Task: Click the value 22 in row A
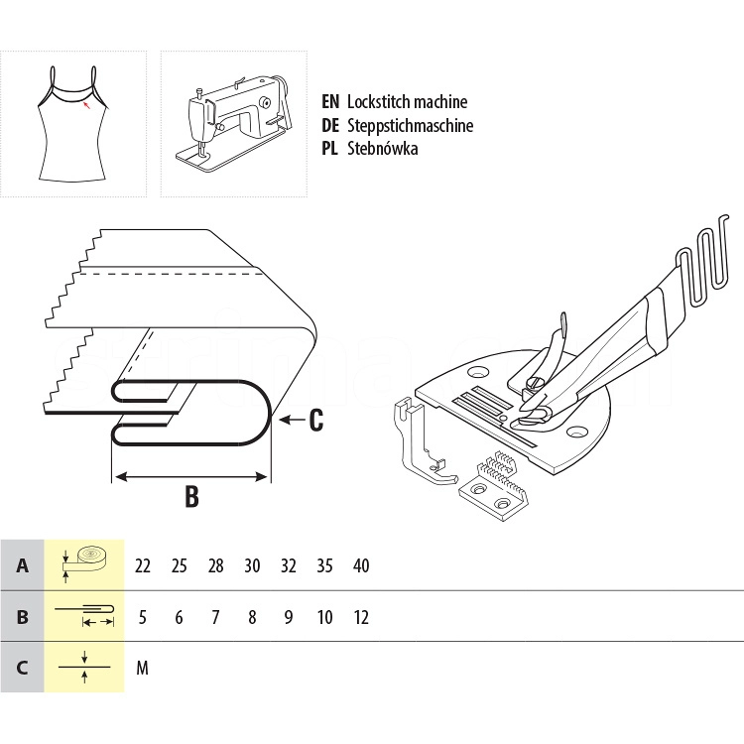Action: point(143,565)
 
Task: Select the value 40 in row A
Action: point(361,565)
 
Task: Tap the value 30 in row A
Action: point(252,565)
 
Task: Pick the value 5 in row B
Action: point(143,617)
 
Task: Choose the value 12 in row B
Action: point(361,617)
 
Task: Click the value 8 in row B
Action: point(252,617)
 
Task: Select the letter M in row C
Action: point(142,668)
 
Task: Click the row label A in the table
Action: point(22,565)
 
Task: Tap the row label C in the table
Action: point(22,668)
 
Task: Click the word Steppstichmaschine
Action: point(410,125)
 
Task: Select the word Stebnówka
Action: point(382,149)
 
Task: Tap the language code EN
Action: point(331,101)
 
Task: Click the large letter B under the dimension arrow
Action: point(191,496)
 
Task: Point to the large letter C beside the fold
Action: point(315,421)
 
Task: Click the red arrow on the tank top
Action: point(88,103)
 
